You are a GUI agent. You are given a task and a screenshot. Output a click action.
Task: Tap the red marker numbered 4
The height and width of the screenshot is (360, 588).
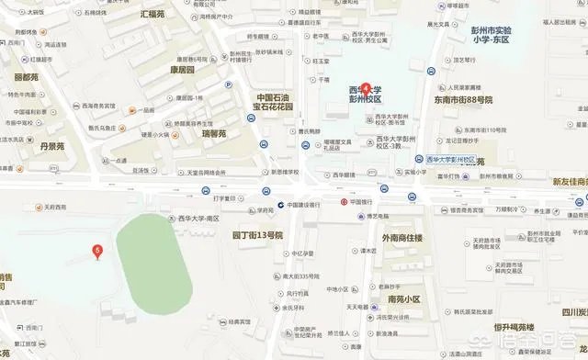point(366,88)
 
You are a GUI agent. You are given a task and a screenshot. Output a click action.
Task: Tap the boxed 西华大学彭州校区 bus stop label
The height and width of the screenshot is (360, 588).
point(451,159)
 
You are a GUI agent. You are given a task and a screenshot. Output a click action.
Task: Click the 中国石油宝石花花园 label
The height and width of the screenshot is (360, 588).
point(273,101)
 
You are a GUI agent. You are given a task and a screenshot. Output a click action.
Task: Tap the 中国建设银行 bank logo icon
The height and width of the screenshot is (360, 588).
point(280,204)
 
